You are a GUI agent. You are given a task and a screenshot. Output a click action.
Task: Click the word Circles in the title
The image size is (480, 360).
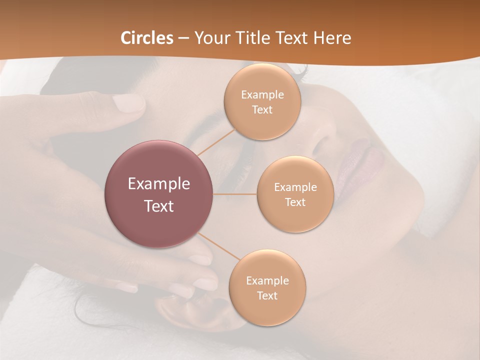(x=147, y=38)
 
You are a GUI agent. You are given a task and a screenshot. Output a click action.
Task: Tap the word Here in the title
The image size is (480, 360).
(x=331, y=38)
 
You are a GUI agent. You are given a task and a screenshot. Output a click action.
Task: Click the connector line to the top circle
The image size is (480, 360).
(x=216, y=141)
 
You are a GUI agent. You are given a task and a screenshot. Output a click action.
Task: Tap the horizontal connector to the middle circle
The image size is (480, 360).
(x=234, y=194)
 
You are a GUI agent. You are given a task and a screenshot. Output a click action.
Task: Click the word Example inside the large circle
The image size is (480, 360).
(x=159, y=184)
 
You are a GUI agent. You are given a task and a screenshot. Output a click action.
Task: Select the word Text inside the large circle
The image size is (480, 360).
(x=159, y=206)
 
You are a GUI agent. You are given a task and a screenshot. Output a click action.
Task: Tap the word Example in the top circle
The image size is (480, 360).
(x=262, y=95)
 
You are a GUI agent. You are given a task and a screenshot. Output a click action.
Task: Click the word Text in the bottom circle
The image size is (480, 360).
(x=267, y=296)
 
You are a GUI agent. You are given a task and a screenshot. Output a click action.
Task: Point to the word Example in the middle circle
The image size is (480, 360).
(x=295, y=187)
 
